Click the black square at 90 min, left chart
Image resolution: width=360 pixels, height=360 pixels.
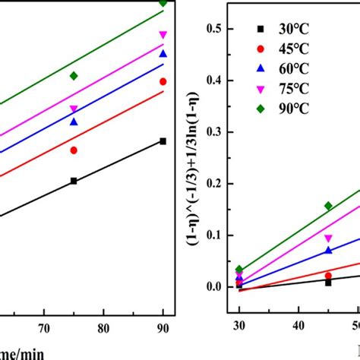[163, 141]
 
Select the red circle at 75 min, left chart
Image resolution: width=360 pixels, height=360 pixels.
[74, 150]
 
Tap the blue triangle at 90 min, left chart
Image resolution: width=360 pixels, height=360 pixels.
[163, 54]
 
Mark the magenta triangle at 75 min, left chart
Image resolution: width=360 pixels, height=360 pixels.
[74, 109]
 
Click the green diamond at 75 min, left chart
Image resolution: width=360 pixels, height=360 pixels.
[74, 76]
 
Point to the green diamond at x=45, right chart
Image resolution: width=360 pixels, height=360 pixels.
[328, 206]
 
